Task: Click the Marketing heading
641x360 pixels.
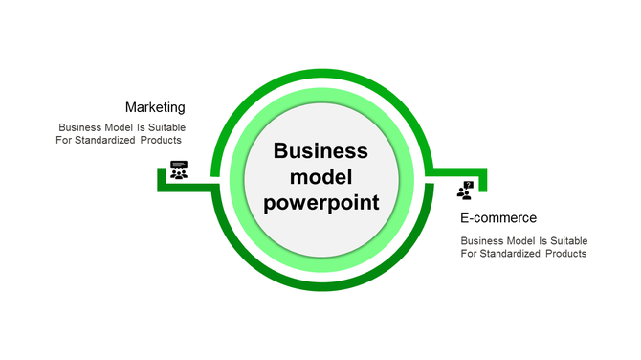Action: pyautogui.click(x=155, y=107)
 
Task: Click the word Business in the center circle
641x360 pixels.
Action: pyautogui.click(x=320, y=151)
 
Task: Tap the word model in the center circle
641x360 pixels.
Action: pyautogui.click(x=320, y=177)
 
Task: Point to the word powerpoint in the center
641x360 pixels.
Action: pyautogui.click(x=320, y=203)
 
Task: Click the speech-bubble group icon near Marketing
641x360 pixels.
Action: pyautogui.click(x=179, y=170)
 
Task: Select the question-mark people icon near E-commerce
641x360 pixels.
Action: pyautogui.click(x=466, y=191)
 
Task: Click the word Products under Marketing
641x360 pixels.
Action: pyautogui.click(x=160, y=140)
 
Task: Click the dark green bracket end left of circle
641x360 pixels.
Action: pyautogui.click(x=162, y=179)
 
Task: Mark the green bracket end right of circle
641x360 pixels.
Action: pyautogui.click(x=482, y=179)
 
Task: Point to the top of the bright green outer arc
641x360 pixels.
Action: pyautogui.click(x=320, y=72)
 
